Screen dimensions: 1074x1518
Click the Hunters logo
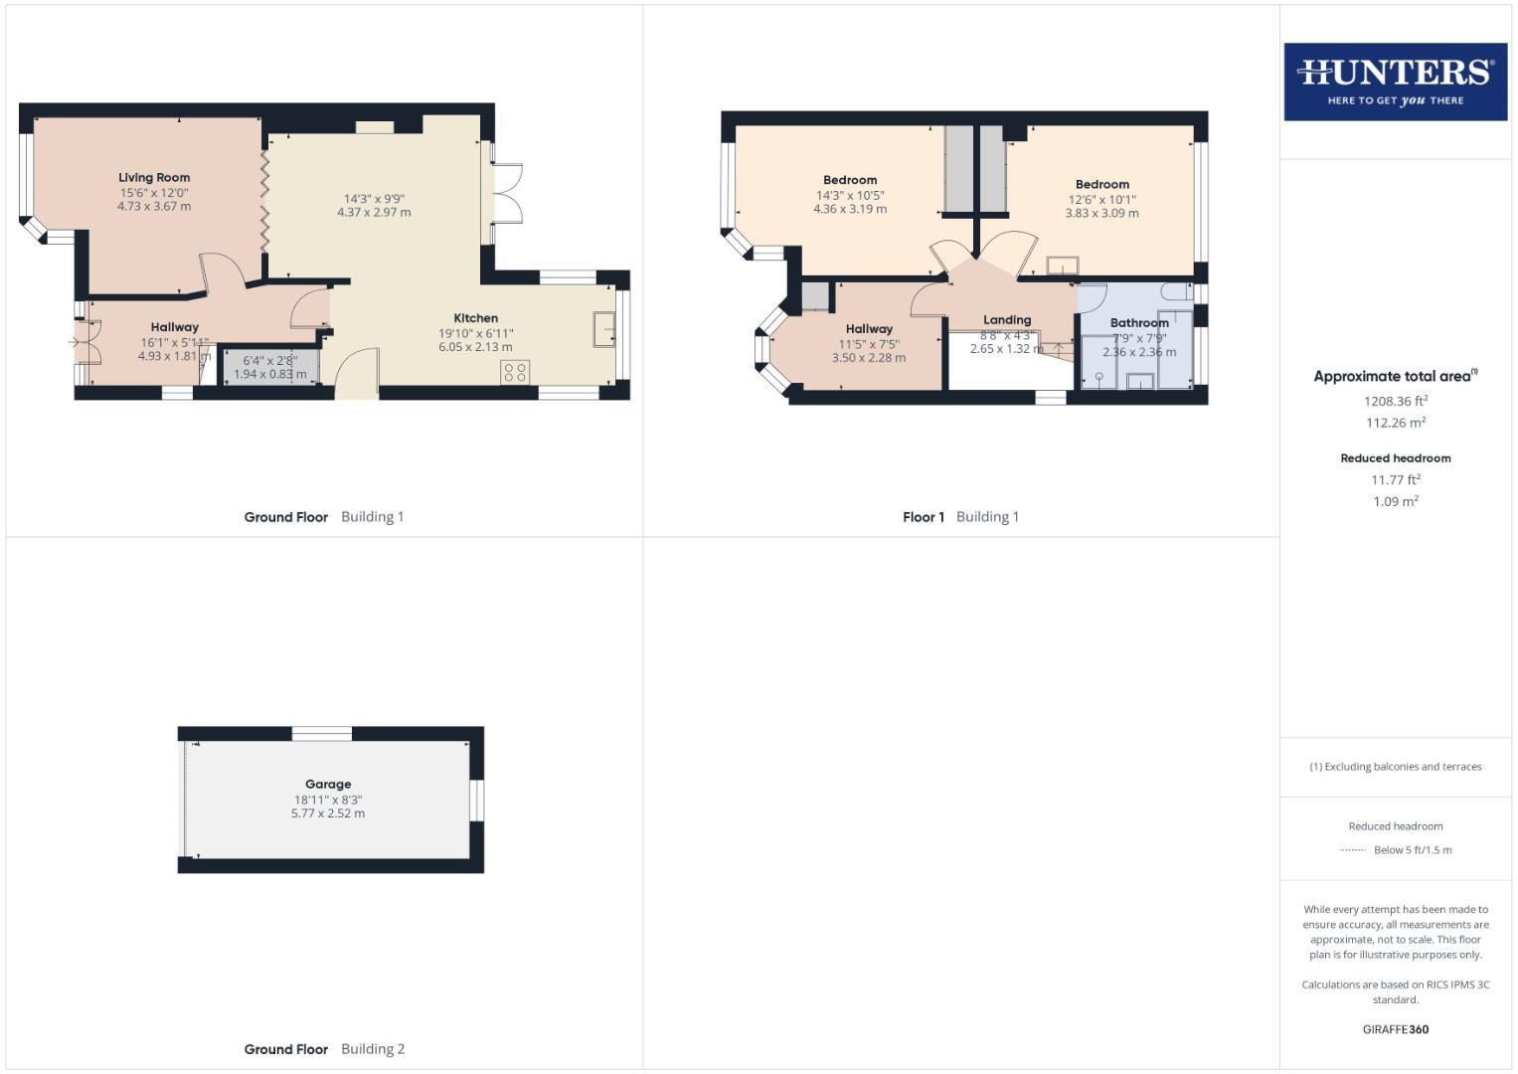1395,82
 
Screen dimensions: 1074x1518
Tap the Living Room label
154,178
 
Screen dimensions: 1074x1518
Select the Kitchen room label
475,318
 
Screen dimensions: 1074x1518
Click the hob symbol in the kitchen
515,372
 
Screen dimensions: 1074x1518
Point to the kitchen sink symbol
603,329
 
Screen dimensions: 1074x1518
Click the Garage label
328,785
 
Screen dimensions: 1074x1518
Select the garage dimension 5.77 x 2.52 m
328,813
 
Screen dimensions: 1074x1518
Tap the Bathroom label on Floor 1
1139,323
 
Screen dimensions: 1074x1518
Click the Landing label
1007,320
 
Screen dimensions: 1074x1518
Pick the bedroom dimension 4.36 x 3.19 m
850,210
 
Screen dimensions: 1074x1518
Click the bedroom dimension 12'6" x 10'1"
1101,199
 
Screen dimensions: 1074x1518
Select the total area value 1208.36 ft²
1396,402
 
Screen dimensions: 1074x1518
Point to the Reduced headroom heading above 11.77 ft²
1396,458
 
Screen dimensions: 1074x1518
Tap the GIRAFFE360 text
1396,1030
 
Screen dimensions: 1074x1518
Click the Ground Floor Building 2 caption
324,1049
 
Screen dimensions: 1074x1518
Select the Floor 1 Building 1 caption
960,517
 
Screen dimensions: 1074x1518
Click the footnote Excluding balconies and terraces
1396,767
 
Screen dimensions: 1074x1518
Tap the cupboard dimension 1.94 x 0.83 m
270,375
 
